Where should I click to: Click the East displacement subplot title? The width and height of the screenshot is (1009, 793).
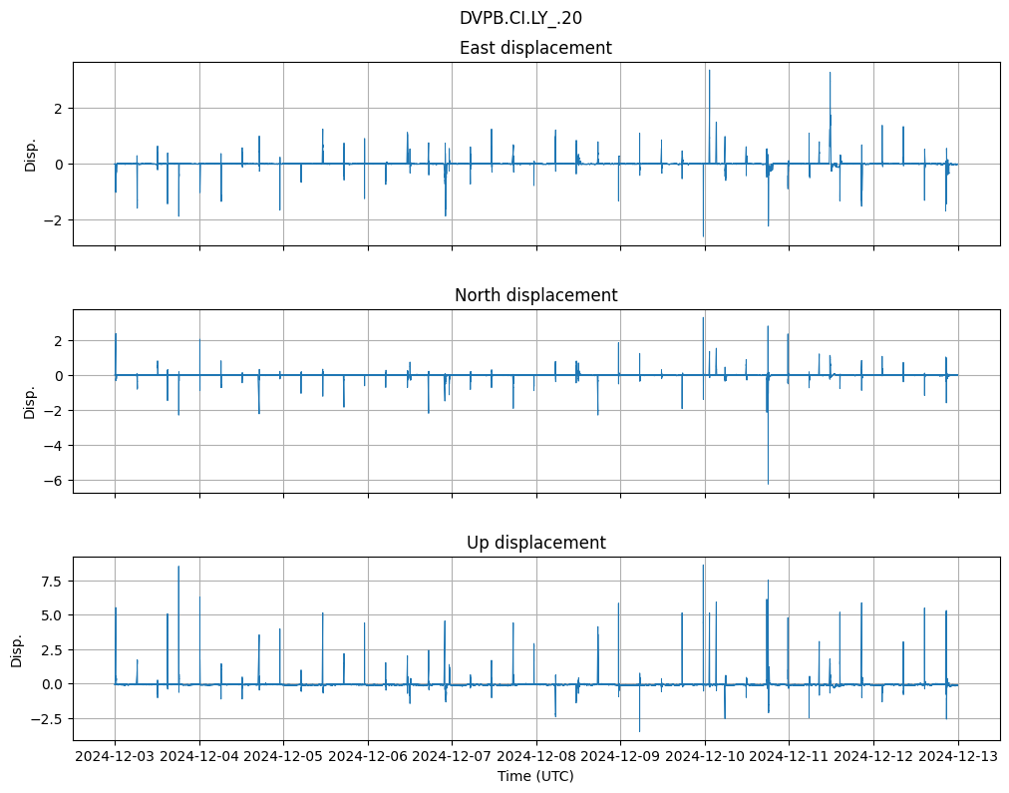coord(535,48)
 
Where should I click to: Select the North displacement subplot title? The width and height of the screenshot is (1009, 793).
coord(535,295)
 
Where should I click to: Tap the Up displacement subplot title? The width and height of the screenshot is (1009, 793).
coord(535,543)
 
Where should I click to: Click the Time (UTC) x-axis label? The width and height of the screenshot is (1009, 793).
coord(535,776)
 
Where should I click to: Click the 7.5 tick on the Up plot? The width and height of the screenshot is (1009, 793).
coord(50,581)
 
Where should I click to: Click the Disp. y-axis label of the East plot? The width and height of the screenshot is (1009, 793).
coord(30,154)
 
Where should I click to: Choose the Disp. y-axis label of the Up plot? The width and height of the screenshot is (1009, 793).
coord(16,648)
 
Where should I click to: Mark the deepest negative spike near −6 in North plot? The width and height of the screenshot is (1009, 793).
coord(768,483)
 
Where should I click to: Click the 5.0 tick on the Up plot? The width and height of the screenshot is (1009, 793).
coord(50,615)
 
